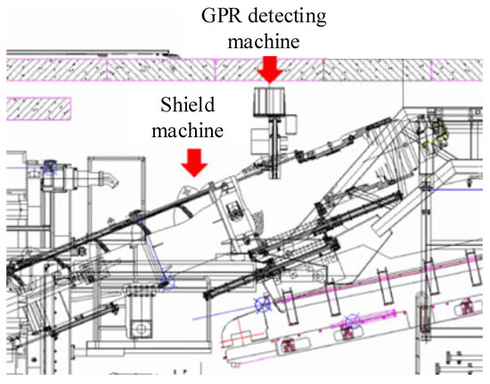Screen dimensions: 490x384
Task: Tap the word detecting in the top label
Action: tap(287, 16)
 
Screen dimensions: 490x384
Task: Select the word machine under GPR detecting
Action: tap(264, 41)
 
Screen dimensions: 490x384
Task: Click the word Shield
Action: tap(188, 104)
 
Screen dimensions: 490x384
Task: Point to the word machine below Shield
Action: tap(187, 130)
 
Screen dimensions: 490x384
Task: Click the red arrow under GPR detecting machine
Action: tap(270, 70)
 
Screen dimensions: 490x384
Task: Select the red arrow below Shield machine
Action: tap(194, 163)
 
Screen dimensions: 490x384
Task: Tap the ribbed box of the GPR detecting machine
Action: tap(269, 102)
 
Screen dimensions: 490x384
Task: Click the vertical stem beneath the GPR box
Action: tap(274, 147)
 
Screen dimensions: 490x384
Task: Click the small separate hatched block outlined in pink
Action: tap(38, 109)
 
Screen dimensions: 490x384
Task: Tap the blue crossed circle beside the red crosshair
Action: tap(263, 304)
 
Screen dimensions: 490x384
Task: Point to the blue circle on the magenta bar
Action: tap(353, 321)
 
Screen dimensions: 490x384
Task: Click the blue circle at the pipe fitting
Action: tap(49, 167)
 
